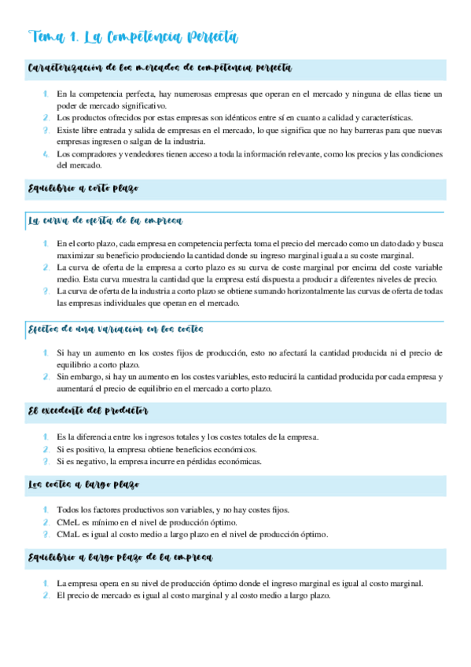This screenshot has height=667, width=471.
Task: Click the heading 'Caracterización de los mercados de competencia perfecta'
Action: [x=160, y=68]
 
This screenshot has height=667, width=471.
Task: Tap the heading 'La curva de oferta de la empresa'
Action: [x=105, y=221]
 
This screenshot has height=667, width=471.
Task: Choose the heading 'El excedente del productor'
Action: [x=88, y=411]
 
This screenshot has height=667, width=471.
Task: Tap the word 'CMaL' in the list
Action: [x=68, y=535]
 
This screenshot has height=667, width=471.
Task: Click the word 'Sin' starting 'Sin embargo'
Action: [x=63, y=377]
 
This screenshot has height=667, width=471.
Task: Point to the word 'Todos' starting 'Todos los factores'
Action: [x=69, y=510]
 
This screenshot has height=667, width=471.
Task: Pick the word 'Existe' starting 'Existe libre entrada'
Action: [x=68, y=129]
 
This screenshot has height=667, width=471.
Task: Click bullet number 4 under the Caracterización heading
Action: [x=46, y=154]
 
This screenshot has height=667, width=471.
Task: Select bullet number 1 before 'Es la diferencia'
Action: [x=46, y=437]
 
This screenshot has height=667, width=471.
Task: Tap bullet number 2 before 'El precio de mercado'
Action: [x=46, y=595]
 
